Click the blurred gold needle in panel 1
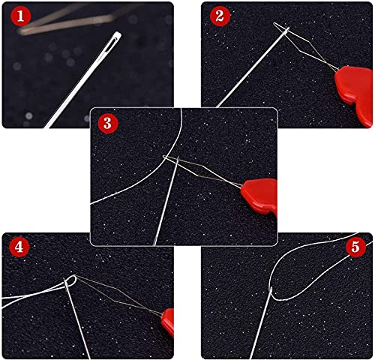point(60,26)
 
